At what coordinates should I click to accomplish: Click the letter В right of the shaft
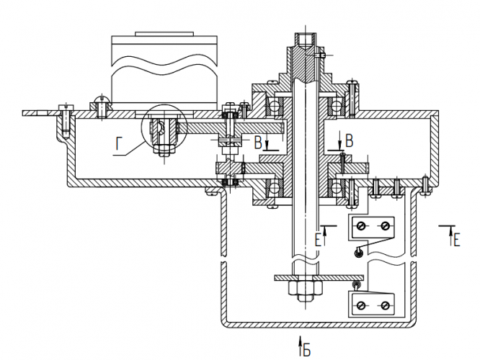pyautogui.click(x=350, y=141)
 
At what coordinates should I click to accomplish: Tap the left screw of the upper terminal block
pyautogui.click(x=360, y=227)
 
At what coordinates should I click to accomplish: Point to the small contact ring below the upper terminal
pyautogui.click(x=357, y=252)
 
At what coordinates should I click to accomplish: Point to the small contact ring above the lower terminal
pyautogui.click(x=355, y=285)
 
